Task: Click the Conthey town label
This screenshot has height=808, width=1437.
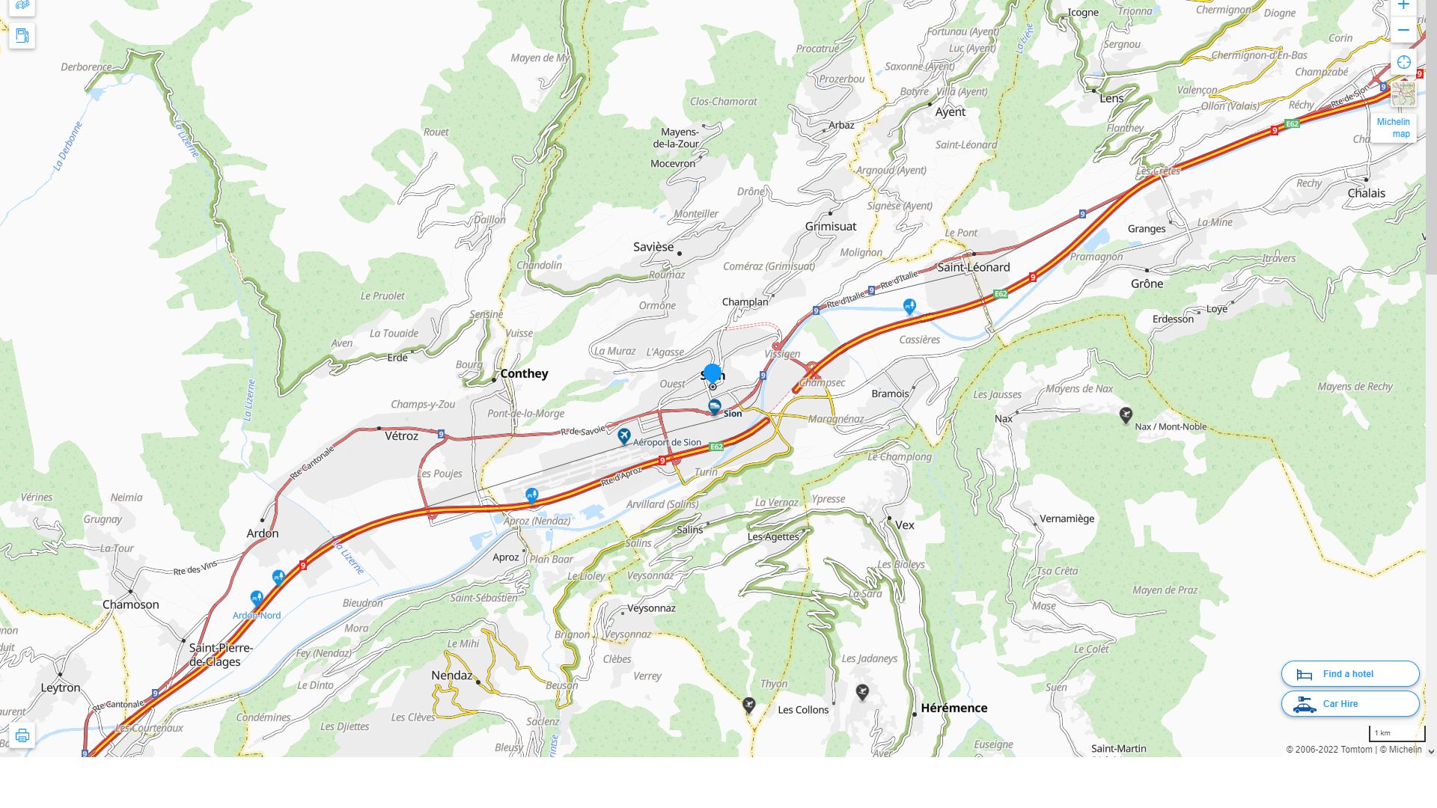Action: (x=524, y=373)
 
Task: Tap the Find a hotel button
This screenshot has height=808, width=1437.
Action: (x=1349, y=674)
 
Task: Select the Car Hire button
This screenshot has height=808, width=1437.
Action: (x=1349, y=704)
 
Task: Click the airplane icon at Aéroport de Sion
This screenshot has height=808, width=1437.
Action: (x=624, y=435)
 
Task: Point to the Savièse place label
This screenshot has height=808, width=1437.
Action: (x=653, y=247)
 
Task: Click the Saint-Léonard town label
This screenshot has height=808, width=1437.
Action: (x=973, y=267)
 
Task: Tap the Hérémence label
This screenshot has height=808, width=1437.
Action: (x=954, y=708)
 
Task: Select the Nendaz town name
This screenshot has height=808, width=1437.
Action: (x=452, y=675)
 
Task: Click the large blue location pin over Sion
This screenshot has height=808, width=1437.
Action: (x=713, y=373)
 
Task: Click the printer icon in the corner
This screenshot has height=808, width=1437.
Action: (x=22, y=735)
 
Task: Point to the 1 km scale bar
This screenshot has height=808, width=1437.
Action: (x=1397, y=734)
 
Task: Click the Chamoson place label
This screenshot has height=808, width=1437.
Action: (x=131, y=605)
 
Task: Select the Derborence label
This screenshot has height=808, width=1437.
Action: (x=86, y=67)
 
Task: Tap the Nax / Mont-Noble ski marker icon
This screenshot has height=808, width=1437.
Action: (x=1126, y=414)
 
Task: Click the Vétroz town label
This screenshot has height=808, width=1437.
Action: (x=401, y=436)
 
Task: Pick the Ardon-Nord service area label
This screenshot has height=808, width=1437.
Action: (x=257, y=616)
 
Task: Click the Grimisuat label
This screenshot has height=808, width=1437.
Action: (x=831, y=226)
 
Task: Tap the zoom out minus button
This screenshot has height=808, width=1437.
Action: (x=1403, y=31)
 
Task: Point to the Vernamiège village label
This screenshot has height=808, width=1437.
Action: (x=1067, y=518)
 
